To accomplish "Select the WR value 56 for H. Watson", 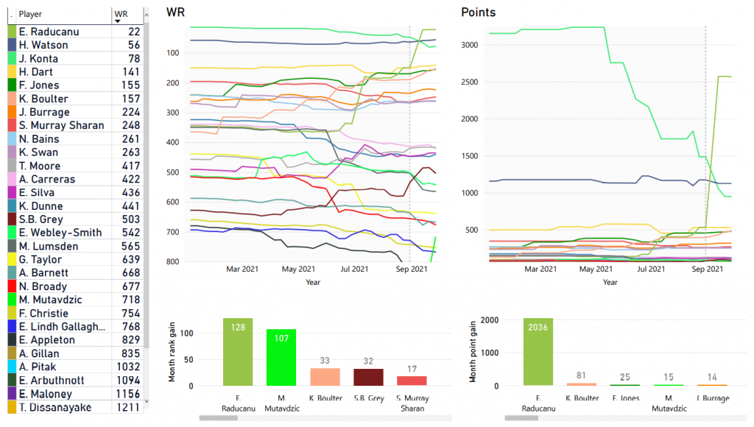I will pos(133,45).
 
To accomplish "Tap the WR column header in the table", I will pos(121,14).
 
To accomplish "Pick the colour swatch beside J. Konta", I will pos(12,59).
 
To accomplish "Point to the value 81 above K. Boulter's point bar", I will pos(582,375).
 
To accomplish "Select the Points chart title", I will pos(478,13).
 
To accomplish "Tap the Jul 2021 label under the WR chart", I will pos(354,269).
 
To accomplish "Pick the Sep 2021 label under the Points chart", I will pos(707,269).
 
